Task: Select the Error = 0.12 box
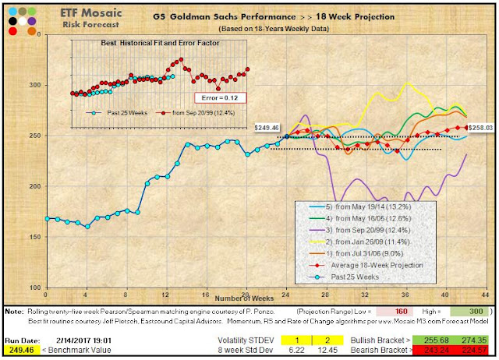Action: click(221, 97)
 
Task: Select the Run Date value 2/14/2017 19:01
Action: click(93, 341)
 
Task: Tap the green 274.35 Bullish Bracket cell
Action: click(475, 341)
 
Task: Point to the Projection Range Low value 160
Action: click(395, 310)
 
